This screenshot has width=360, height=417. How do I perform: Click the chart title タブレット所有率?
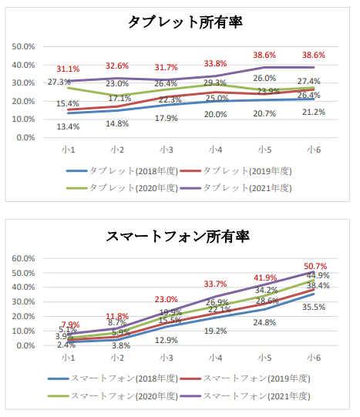(x=185, y=22)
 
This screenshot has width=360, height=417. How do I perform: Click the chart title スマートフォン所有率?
(x=185, y=234)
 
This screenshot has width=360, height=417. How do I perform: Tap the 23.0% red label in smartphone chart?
(x=166, y=299)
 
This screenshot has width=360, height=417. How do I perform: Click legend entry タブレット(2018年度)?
(x=114, y=170)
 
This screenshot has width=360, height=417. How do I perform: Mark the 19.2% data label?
(x=215, y=330)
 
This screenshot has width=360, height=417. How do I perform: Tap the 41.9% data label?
(x=265, y=277)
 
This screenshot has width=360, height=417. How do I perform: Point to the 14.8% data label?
(x=117, y=123)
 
